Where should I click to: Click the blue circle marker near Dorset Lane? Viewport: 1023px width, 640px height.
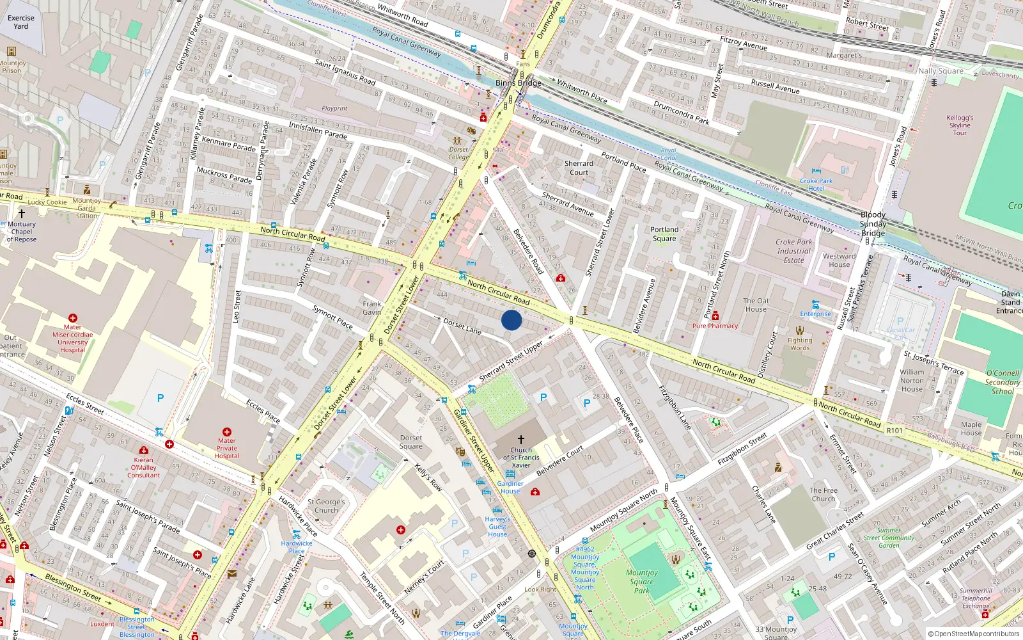(511, 320)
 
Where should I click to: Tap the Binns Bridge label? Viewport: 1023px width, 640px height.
(519, 83)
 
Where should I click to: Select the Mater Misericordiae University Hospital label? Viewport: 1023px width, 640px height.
(72, 339)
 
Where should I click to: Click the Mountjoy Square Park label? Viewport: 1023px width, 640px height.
(641, 582)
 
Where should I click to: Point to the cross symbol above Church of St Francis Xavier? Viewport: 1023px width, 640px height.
(520, 440)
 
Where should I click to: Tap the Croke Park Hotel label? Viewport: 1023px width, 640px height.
(816, 185)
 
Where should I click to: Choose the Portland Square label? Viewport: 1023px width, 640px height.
(664, 234)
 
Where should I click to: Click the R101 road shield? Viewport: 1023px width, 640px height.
(894, 431)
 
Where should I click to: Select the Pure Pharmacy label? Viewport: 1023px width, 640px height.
(715, 326)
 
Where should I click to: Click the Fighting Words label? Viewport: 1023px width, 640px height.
(800, 344)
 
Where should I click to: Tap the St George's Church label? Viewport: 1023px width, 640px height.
(326, 506)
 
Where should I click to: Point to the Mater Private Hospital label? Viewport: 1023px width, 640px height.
(226, 448)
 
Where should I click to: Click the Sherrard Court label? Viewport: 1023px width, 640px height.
(579, 168)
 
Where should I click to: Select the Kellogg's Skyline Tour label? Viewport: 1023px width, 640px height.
(960, 125)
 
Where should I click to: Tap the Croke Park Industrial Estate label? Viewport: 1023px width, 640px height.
(794, 251)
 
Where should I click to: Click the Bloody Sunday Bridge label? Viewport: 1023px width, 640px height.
(873, 224)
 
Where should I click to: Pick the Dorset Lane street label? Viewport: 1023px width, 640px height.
(462, 326)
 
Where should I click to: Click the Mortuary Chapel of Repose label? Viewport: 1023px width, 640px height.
(22, 232)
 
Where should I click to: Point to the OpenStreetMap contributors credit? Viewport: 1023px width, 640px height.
(973, 634)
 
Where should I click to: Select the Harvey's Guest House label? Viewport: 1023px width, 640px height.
(497, 527)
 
